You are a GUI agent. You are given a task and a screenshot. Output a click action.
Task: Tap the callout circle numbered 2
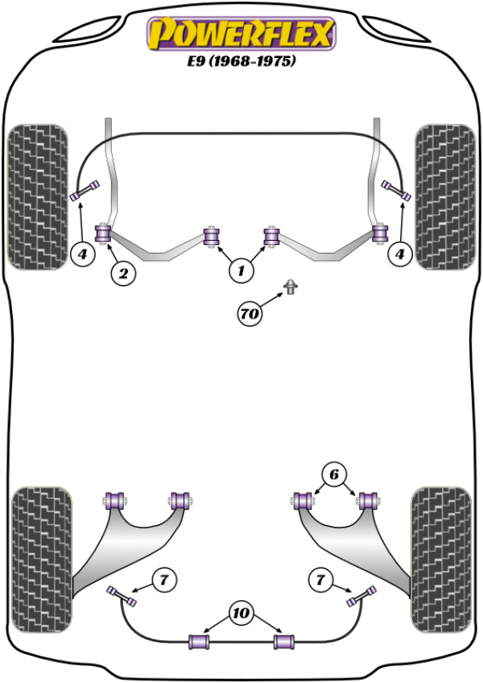point(123,274)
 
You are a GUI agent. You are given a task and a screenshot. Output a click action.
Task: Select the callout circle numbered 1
point(239,272)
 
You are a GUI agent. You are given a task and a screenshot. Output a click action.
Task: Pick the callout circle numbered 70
point(251,313)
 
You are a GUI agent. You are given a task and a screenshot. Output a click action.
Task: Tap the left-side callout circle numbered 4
point(82,255)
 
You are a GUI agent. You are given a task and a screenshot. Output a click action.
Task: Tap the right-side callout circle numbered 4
point(400,255)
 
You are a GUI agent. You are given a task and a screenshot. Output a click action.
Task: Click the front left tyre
point(36,196)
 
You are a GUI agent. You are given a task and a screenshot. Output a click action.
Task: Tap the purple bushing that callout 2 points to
point(103,234)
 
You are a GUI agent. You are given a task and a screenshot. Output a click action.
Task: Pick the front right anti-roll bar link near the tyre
point(396,190)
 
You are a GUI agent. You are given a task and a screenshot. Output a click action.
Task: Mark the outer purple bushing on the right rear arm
point(369,499)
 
